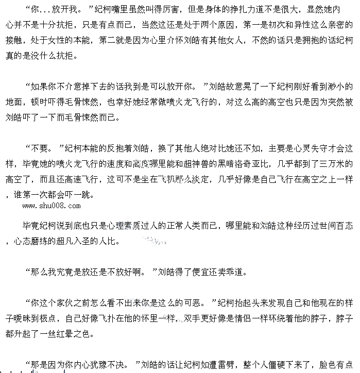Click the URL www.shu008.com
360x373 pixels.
coord(51,206)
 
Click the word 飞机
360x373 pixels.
coord(167,180)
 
